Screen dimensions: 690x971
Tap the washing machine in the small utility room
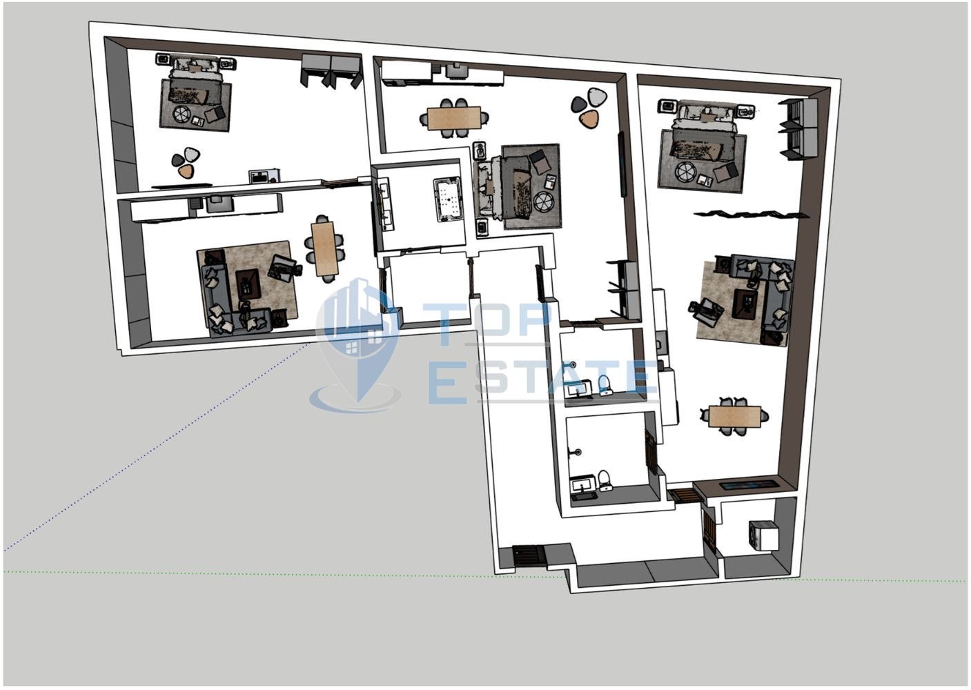(762, 535)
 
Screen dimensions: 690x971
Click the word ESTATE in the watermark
(542, 380)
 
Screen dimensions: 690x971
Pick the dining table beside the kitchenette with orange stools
(455, 117)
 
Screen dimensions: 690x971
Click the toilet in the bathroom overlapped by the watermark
(605, 384)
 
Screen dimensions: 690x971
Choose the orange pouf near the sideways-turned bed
(588, 119)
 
